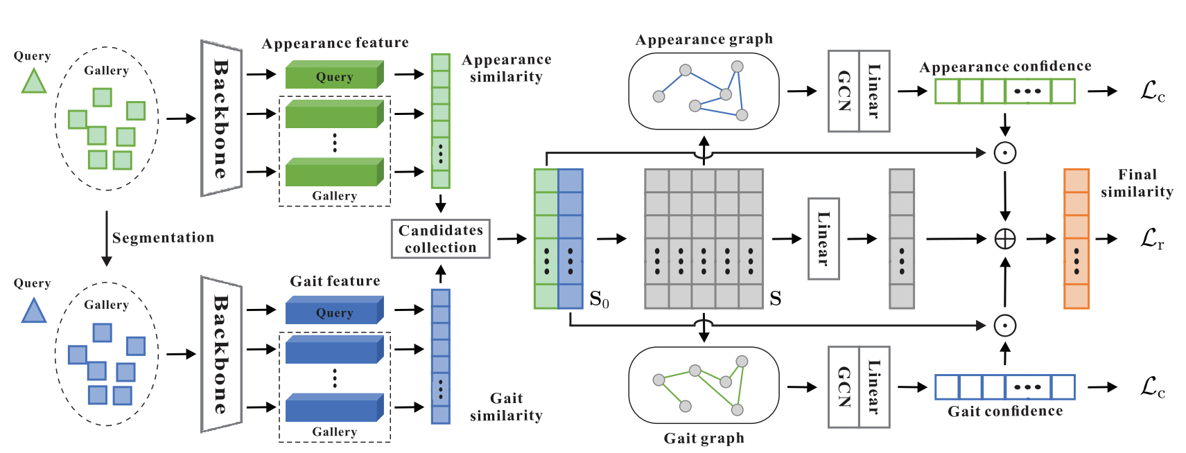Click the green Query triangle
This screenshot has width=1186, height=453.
[33, 82]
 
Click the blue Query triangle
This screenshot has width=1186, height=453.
[33, 311]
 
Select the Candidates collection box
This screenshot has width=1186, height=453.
[440, 239]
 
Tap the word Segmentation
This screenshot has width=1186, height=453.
[163, 238]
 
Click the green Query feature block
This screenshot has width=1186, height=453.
[334, 75]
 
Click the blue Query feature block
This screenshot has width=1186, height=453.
[334, 311]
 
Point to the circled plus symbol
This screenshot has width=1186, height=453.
[1004, 239]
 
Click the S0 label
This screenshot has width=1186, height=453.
[599, 299]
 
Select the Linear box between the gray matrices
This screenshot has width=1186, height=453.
[823, 239]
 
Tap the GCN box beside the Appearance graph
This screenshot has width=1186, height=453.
[844, 91]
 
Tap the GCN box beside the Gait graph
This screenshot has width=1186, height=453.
[844, 387]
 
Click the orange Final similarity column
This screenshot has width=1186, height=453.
[1076, 239]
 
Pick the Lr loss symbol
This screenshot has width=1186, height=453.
[1152, 239]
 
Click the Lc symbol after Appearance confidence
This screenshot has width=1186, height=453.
[1152, 91]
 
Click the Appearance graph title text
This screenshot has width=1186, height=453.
[704, 39]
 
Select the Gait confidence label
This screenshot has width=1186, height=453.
[1005, 411]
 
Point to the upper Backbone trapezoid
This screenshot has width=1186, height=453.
[221, 118]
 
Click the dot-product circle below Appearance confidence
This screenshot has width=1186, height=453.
[1004, 153]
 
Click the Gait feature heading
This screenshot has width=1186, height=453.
[335, 281]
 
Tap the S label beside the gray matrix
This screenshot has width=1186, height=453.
[775, 299]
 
